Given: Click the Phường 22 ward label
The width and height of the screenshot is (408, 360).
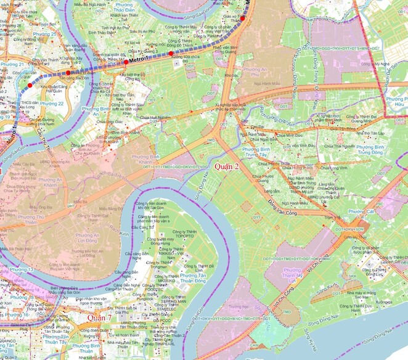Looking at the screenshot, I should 53,104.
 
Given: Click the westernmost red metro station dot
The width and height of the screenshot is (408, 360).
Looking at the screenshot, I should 30,84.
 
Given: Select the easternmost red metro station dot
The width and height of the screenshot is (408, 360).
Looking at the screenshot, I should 243,18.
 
